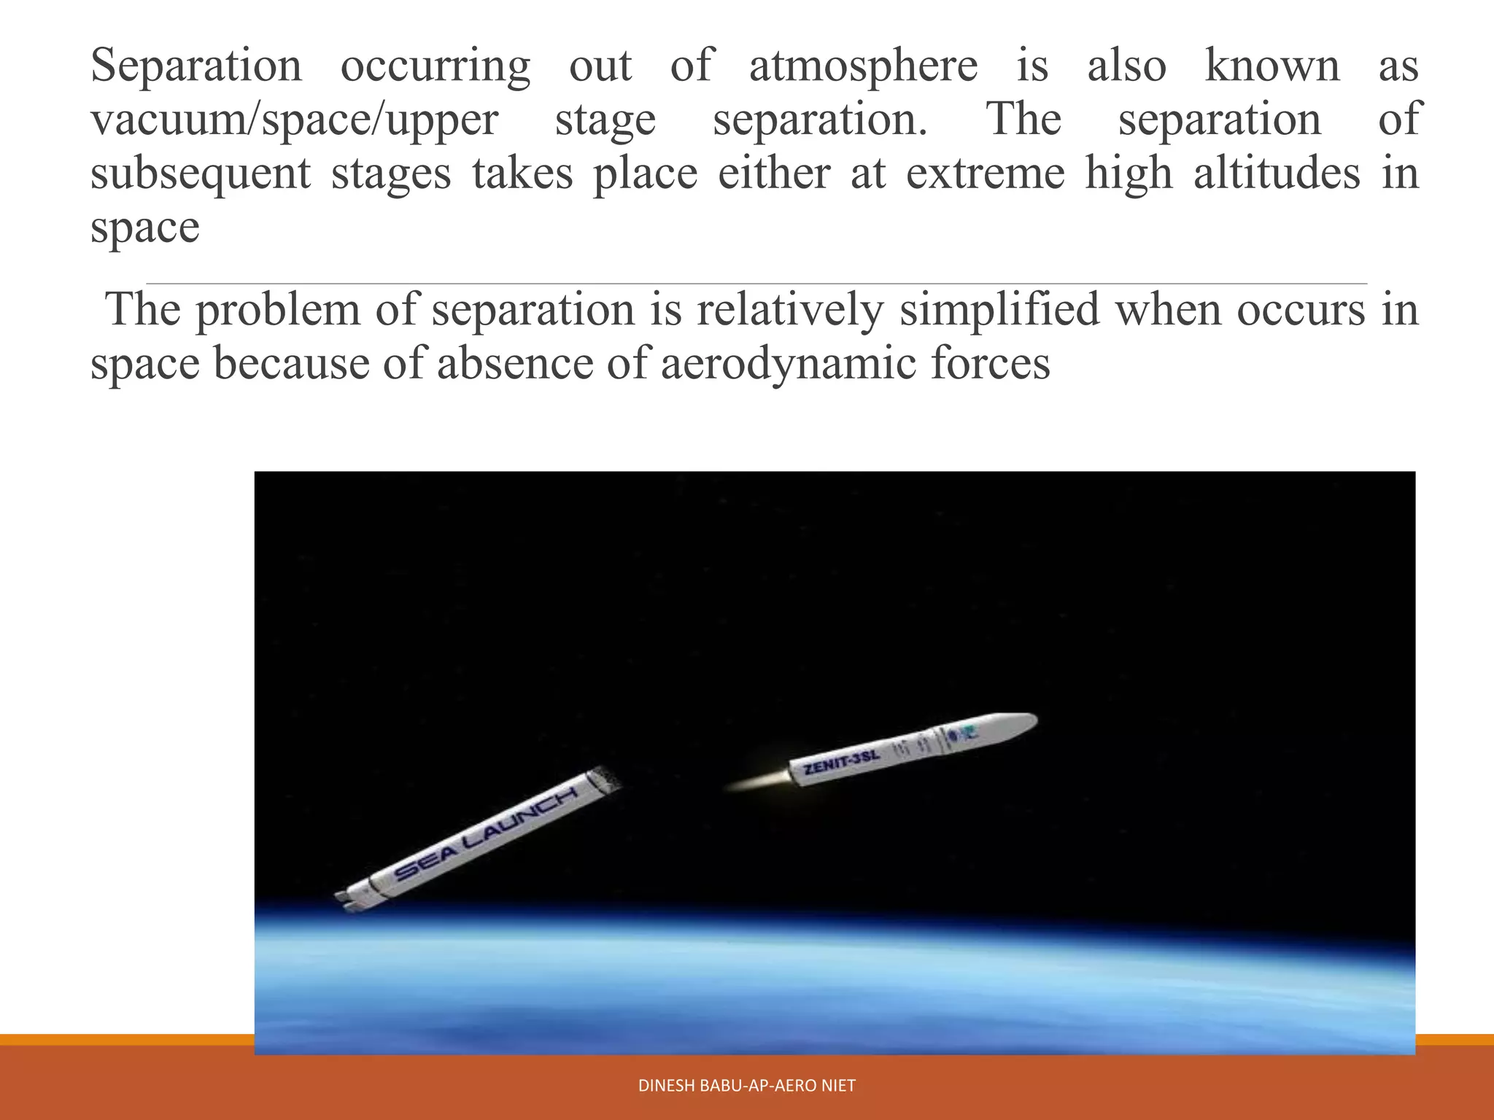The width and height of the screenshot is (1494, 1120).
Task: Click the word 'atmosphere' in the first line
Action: click(863, 66)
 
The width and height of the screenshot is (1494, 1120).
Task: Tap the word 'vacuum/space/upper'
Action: click(295, 120)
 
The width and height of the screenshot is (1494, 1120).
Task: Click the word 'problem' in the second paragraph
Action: click(278, 309)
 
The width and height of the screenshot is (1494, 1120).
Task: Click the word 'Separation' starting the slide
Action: click(196, 66)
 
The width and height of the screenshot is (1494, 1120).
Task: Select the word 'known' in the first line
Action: click(1272, 66)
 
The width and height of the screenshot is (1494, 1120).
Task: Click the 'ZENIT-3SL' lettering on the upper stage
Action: click(841, 762)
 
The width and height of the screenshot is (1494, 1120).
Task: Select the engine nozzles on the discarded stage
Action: click(346, 900)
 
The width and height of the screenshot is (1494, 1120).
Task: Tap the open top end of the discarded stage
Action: click(605, 781)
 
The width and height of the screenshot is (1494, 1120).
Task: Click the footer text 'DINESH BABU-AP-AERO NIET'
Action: click(746, 1086)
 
